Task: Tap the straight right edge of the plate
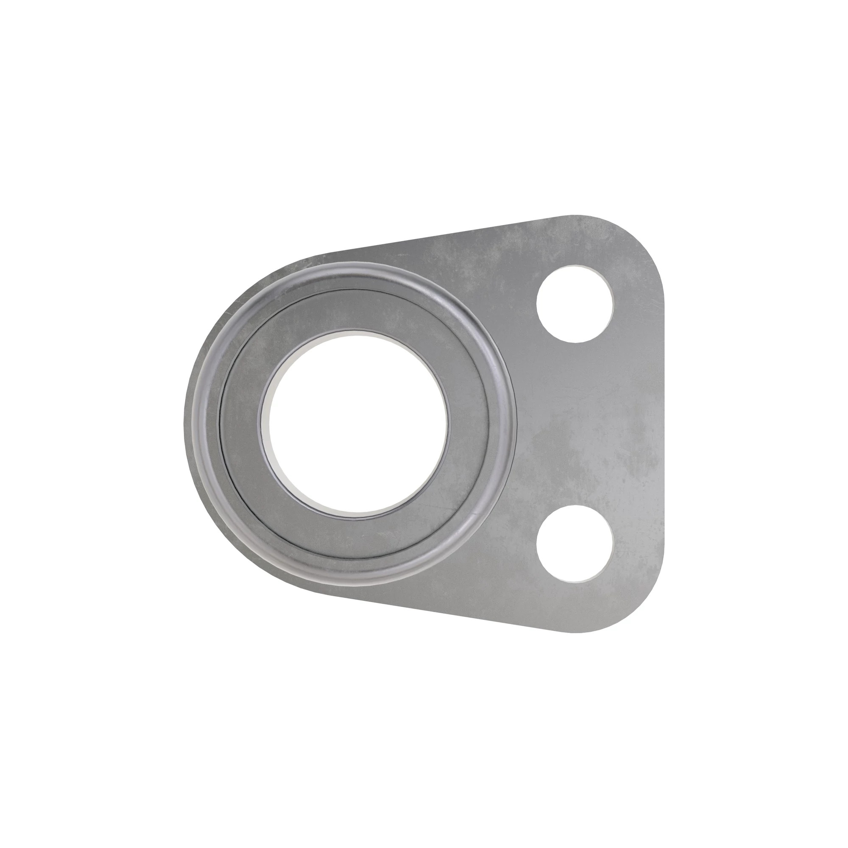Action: (661, 424)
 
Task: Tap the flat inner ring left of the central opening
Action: (241, 424)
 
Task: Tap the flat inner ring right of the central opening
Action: (472, 424)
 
